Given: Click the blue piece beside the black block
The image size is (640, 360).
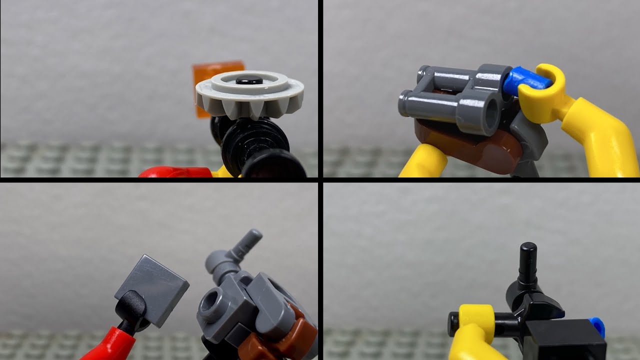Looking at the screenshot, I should [x=597, y=325].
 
